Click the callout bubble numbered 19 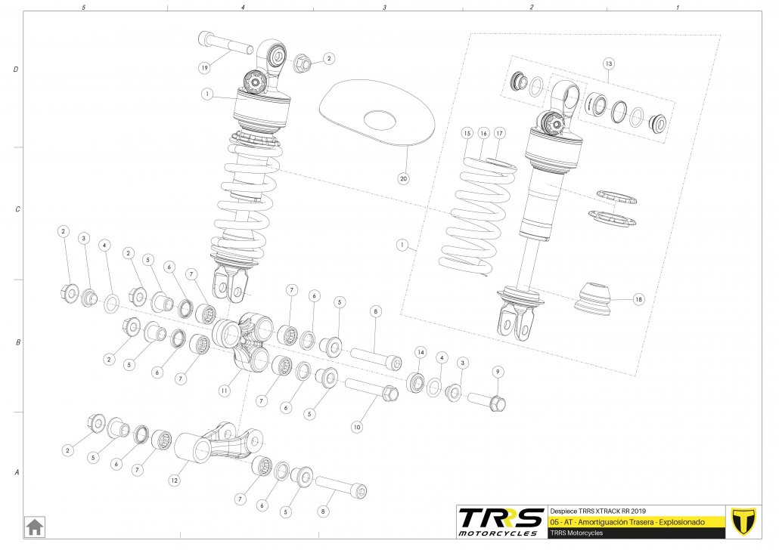click(204, 68)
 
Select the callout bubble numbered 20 click(403, 179)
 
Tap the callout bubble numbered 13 click(609, 64)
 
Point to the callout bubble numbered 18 click(639, 300)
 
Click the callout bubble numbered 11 click(224, 391)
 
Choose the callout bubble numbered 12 click(174, 479)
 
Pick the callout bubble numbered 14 click(421, 353)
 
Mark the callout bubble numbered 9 click(497, 371)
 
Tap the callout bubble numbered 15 click(467, 133)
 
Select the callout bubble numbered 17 click(499, 133)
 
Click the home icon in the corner click(34, 526)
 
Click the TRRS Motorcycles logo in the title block click(501, 521)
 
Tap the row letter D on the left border click(16, 70)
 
